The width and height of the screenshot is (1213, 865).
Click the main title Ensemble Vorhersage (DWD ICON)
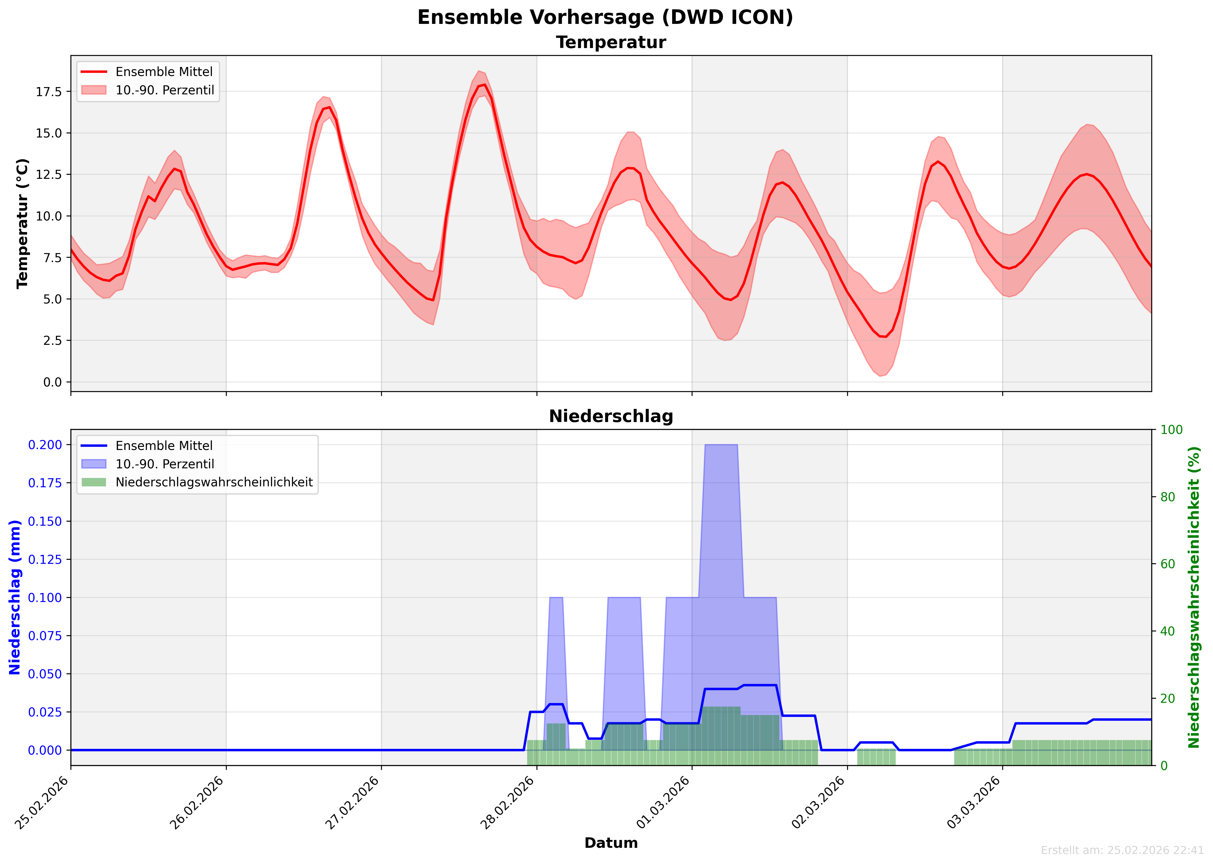[605, 17]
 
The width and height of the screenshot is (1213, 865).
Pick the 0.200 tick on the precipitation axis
[45, 445]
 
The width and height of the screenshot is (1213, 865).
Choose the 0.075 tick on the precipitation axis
[45, 636]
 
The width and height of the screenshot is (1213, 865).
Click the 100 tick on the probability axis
[1171, 430]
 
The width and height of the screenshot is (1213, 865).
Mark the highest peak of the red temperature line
[484, 85]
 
